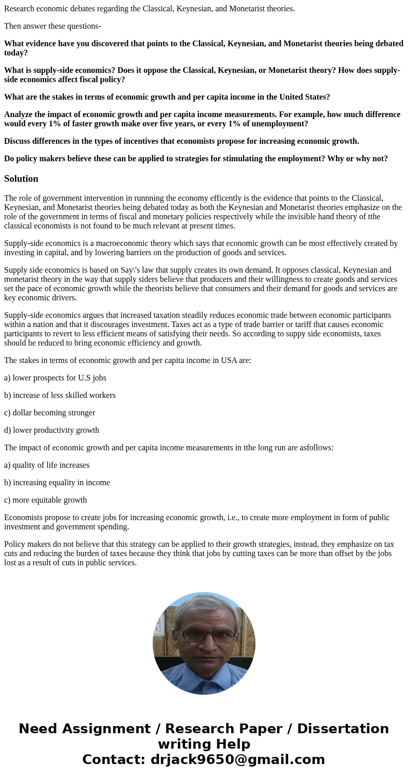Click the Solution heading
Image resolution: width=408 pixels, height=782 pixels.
tap(21, 179)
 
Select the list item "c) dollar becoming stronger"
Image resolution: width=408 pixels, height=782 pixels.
tap(49, 413)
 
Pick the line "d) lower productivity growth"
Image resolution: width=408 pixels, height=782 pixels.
tap(51, 430)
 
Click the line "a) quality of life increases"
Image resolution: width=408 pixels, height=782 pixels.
tap(47, 465)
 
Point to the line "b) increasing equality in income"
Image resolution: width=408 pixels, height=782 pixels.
tap(57, 483)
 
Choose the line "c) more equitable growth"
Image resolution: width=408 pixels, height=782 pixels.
tap(45, 500)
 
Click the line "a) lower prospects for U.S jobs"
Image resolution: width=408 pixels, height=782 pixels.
tap(55, 378)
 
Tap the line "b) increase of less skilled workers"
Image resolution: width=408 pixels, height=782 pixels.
tap(60, 395)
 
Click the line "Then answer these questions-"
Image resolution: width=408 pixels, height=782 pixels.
tap(52, 26)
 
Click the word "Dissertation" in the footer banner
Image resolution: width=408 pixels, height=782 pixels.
tap(343, 729)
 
